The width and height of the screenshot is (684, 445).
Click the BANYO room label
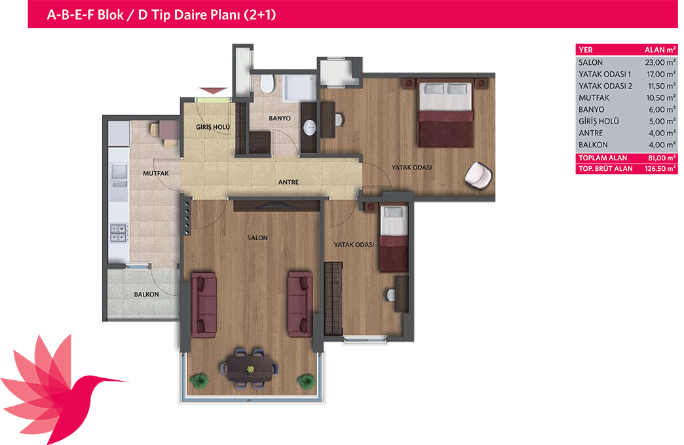[280, 118]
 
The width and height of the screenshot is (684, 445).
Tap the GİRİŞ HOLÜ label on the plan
[213, 127]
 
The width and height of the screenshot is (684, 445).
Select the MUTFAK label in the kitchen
[156, 173]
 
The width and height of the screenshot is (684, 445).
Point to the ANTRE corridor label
[288, 182]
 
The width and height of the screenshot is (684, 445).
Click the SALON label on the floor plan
[257, 238]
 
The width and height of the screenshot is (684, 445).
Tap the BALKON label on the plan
[147, 294]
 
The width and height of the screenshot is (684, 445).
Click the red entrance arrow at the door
[214, 90]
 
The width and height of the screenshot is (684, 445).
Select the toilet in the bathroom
[267, 83]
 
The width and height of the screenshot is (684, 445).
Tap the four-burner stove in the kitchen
[119, 233]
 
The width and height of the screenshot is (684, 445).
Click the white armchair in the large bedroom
[478, 175]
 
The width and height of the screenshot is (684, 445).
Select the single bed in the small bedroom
[394, 238]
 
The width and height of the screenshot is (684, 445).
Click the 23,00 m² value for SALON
[660, 62]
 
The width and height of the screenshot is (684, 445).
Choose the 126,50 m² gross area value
[660, 169]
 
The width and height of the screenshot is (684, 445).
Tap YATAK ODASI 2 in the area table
[605, 86]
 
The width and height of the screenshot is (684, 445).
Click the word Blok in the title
[110, 15]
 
